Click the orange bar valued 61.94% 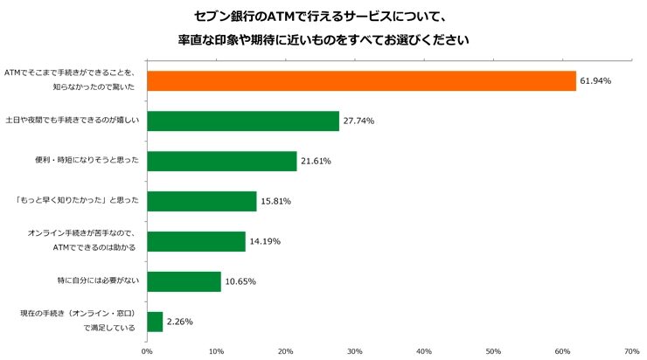(x=361, y=80)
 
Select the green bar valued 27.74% (x=243, y=121)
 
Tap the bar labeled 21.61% (x=222, y=162)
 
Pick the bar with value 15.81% (x=202, y=201)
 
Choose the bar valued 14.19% (x=197, y=241)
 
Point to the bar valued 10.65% (x=184, y=281)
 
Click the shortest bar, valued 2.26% (x=155, y=322)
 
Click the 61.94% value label (x=595, y=80)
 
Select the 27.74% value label (x=358, y=121)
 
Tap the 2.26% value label (x=180, y=322)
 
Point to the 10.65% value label (x=240, y=281)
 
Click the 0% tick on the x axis (x=147, y=351)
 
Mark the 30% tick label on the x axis (x=355, y=351)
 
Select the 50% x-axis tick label (x=493, y=351)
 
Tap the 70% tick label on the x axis (x=632, y=351)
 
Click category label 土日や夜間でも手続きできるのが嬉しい (x=73, y=121)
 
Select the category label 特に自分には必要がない (x=98, y=280)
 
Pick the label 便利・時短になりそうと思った (x=87, y=160)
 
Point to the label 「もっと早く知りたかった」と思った (x=76, y=200)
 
